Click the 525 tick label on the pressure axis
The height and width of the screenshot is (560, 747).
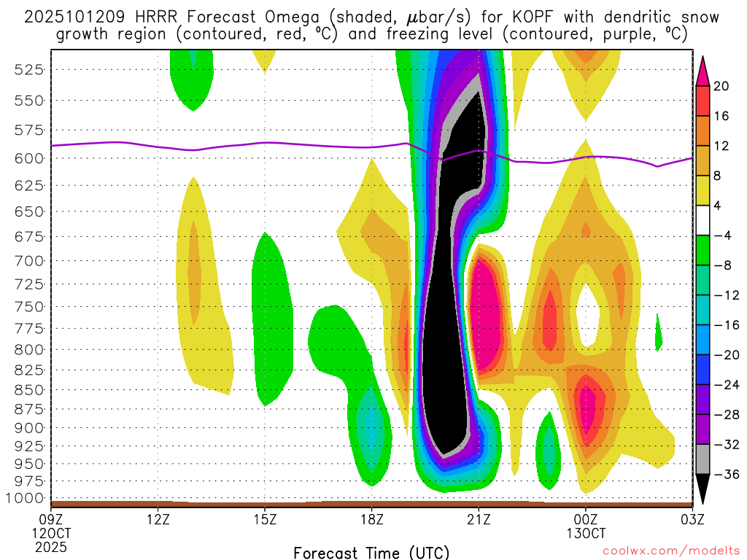(28, 69)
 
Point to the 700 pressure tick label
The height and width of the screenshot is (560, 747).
(28, 260)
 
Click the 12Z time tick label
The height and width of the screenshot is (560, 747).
(158, 521)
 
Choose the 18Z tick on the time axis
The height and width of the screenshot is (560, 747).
(371, 521)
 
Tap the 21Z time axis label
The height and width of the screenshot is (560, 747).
(478, 521)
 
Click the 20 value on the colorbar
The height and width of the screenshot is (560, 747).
(721, 86)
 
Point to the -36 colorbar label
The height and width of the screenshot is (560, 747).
(724, 475)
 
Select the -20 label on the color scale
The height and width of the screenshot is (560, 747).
(724, 355)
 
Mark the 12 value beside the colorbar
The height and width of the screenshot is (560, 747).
(721, 146)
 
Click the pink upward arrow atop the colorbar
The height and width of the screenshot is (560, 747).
(703, 69)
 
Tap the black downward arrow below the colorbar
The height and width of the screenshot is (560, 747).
(703, 489)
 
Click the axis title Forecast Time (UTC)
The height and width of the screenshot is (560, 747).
(371, 552)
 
